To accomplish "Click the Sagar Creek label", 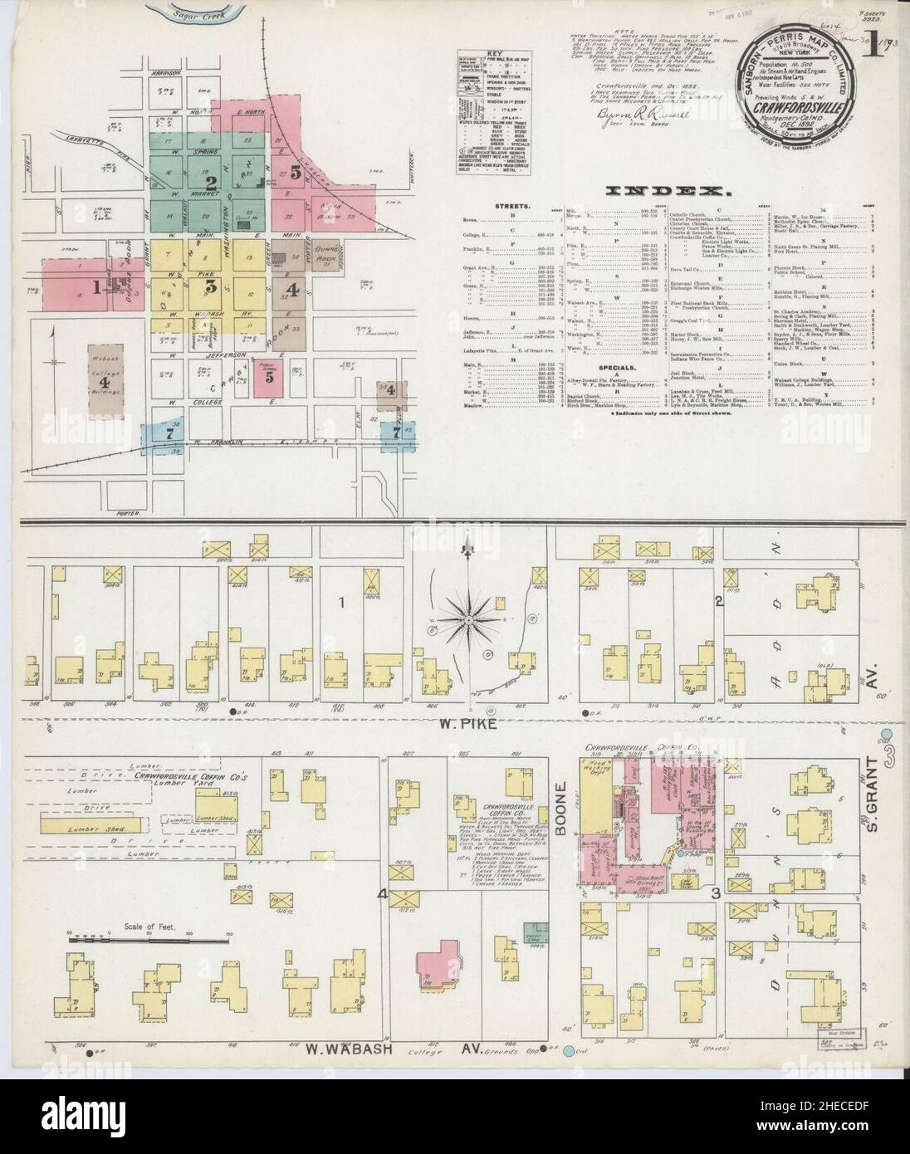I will tap(190, 12).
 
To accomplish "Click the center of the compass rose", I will tap(470, 619).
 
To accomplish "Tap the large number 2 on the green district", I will tap(212, 183).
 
